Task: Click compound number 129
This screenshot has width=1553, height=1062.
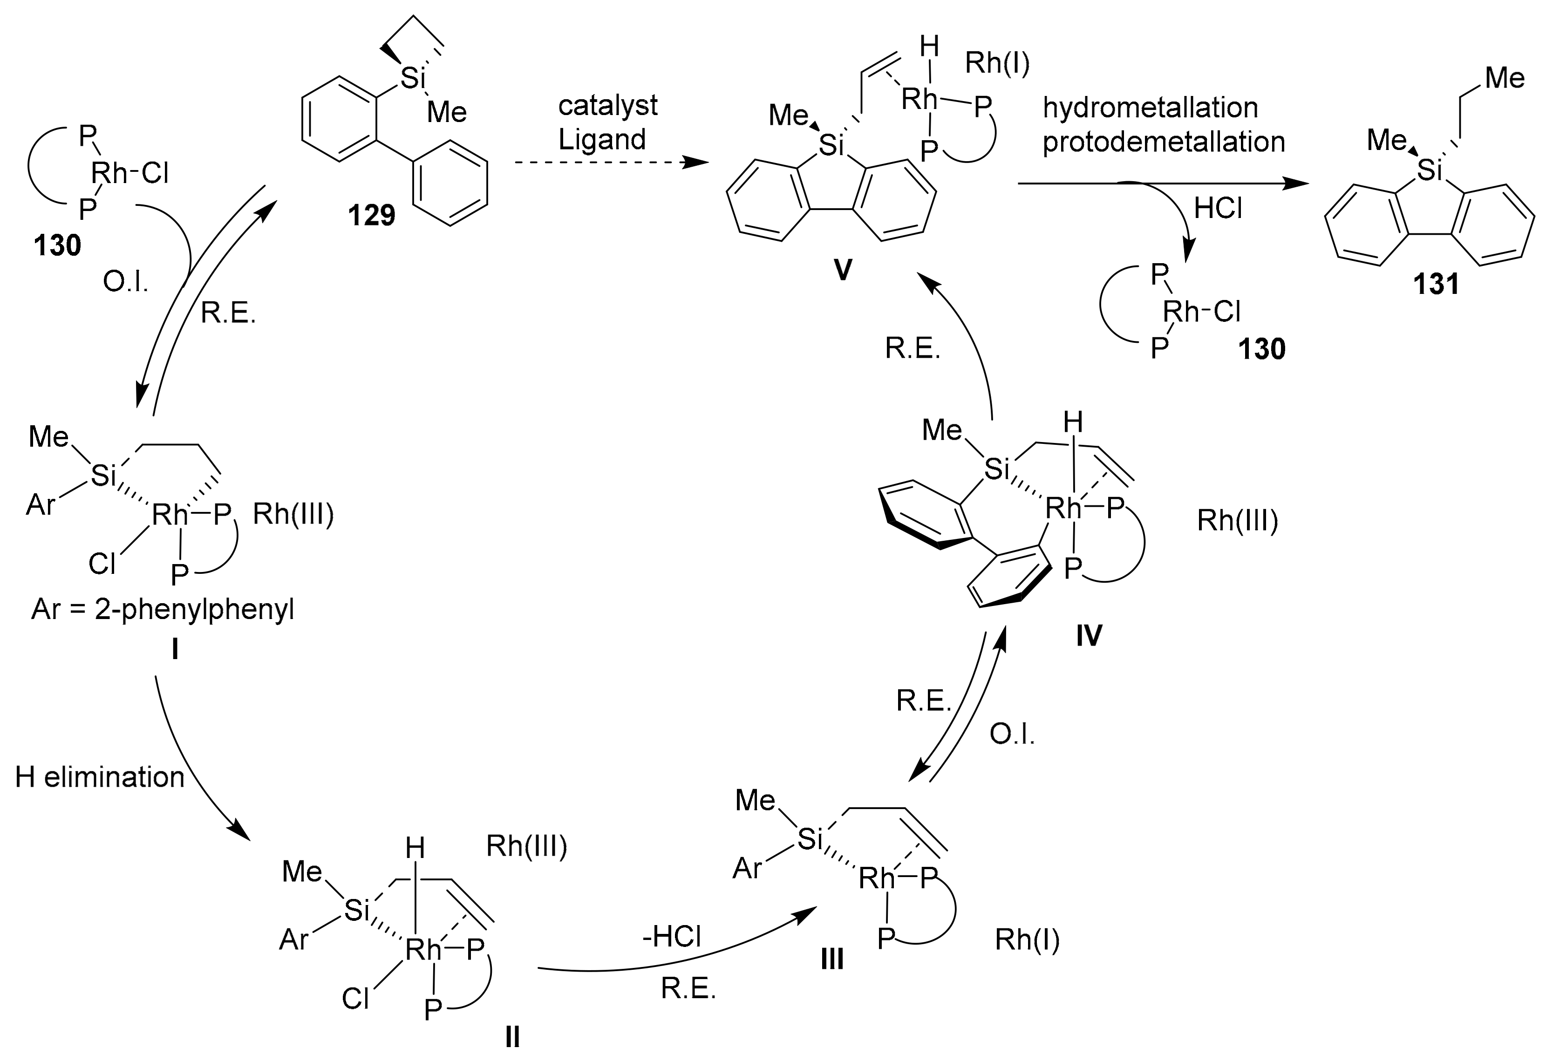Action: pyautogui.click(x=372, y=216)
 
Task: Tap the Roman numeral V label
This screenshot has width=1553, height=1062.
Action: pyautogui.click(x=843, y=270)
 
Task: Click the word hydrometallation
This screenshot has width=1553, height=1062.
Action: pyautogui.click(x=1150, y=108)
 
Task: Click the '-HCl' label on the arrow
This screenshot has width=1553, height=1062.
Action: pyautogui.click(x=672, y=936)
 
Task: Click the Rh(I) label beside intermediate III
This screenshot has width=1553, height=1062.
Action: pyautogui.click(x=1027, y=939)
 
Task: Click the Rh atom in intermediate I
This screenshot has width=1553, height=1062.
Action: pyautogui.click(x=170, y=515)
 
